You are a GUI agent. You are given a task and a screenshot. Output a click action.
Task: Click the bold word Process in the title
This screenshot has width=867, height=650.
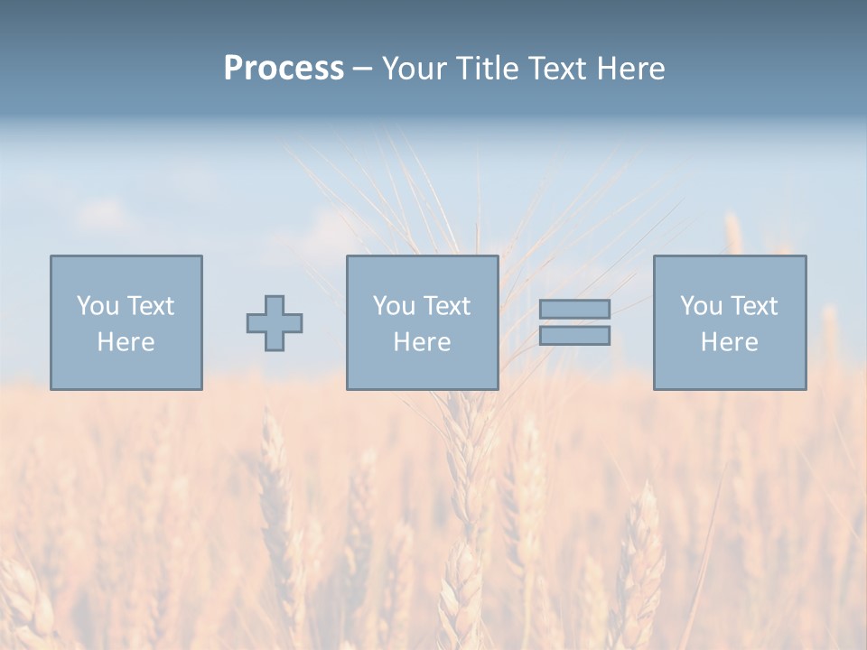click(x=284, y=69)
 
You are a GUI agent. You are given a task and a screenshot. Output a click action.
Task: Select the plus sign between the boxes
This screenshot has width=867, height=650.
click(x=275, y=323)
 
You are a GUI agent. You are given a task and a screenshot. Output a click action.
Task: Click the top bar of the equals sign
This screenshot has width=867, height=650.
click(x=574, y=309)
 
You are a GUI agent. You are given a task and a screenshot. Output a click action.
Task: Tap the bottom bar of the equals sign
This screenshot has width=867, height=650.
click(x=574, y=336)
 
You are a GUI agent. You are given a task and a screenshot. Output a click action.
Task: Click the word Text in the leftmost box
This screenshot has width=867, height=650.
click(x=149, y=306)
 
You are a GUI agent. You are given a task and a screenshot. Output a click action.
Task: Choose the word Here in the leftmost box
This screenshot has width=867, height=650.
click(x=126, y=342)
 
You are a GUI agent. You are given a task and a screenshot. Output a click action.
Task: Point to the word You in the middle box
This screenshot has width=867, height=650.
click(x=393, y=306)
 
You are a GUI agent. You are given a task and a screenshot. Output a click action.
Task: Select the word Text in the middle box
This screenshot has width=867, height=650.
click(x=446, y=306)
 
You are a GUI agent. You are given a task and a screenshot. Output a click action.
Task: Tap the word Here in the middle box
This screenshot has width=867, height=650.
click(x=422, y=342)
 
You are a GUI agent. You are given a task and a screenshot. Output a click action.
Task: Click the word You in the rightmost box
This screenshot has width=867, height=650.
click(x=700, y=306)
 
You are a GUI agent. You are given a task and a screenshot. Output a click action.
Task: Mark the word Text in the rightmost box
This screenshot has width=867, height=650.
click(x=753, y=306)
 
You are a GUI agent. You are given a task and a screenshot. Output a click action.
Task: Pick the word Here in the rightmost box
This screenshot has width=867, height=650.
click(x=729, y=342)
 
